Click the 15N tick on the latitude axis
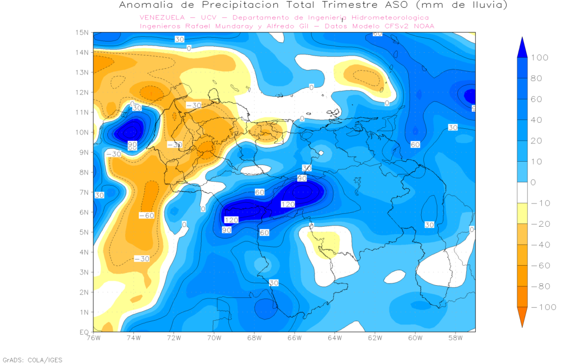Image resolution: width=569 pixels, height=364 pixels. click(83, 32)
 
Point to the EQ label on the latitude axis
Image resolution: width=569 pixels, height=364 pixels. click(84, 332)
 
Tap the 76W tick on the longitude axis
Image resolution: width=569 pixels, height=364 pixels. click(93, 337)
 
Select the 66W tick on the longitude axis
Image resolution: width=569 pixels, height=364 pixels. click(295, 337)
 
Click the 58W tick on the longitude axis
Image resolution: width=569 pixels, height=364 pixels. click(455, 337)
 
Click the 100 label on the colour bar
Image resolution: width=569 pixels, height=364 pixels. click(540, 58)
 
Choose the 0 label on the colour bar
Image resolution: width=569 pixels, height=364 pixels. click(535, 182)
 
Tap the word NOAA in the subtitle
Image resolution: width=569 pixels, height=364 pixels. click(423, 26)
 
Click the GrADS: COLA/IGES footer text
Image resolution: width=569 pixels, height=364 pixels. click(33, 360)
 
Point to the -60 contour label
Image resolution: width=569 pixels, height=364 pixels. click(146, 215)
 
